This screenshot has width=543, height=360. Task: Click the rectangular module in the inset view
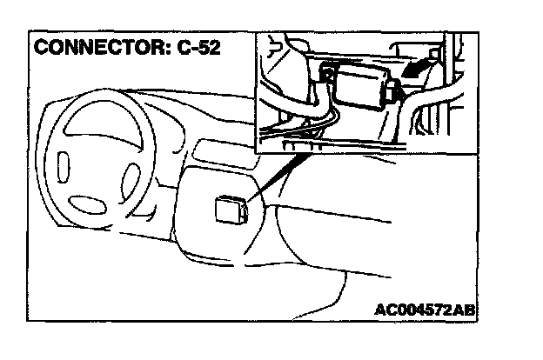pyautogui.click(x=359, y=88)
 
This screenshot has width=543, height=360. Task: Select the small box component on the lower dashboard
pyautogui.click(x=229, y=209)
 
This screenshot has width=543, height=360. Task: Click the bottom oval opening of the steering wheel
pyautogui.click(x=94, y=203)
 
